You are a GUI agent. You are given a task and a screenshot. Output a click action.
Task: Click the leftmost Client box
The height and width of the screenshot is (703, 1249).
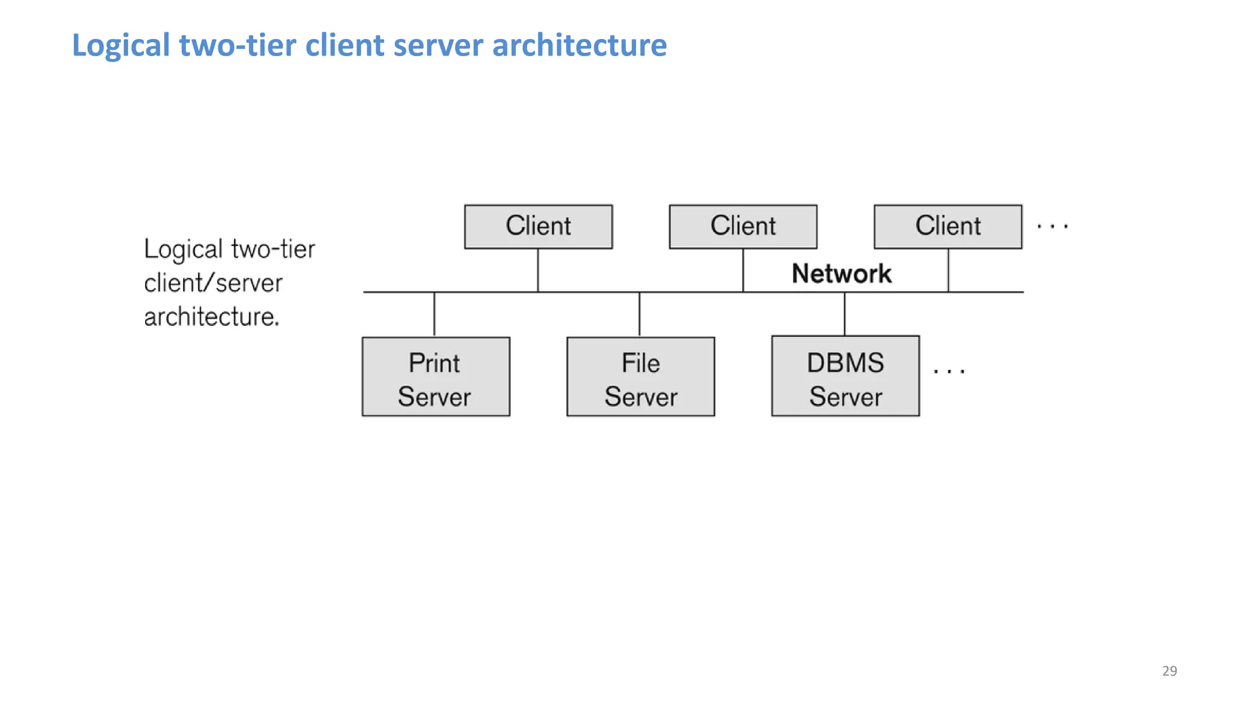click(x=538, y=226)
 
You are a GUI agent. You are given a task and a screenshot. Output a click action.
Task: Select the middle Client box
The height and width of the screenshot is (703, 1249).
click(x=743, y=226)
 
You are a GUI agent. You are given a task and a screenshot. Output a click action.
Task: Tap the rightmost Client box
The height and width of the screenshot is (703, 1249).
click(x=948, y=226)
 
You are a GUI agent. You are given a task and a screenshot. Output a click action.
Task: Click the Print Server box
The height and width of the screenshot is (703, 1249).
click(x=435, y=377)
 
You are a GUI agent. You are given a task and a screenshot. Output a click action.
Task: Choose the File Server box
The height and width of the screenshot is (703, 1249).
click(x=640, y=377)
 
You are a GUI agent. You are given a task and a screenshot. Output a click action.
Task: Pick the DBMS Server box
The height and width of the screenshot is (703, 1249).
click(x=845, y=377)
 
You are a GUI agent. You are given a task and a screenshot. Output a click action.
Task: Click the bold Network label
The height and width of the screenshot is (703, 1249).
click(x=842, y=273)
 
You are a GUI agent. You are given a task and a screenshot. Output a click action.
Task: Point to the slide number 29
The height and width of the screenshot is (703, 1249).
click(x=1169, y=671)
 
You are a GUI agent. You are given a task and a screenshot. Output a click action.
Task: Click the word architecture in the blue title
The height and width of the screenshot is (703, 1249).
click(x=579, y=46)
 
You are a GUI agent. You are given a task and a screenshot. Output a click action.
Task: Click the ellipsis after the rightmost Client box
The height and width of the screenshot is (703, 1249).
click(x=1053, y=226)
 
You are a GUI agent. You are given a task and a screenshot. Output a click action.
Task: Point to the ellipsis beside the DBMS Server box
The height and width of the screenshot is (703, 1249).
click(x=949, y=370)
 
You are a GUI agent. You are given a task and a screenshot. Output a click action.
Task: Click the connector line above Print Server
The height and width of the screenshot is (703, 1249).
click(x=434, y=314)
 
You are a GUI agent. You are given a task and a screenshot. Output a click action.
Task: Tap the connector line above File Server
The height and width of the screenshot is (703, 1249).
click(x=639, y=314)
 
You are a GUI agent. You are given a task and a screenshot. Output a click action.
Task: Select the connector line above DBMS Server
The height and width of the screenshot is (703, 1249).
click(x=845, y=313)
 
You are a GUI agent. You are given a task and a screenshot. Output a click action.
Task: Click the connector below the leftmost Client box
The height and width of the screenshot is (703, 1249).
click(x=538, y=270)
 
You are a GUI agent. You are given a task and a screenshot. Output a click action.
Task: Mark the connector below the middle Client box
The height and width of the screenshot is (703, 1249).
click(x=743, y=270)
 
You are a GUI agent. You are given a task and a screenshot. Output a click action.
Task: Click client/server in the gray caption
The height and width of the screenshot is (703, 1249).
click(x=213, y=283)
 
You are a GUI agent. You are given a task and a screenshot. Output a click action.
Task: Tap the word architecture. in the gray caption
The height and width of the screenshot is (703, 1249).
click(x=211, y=317)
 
